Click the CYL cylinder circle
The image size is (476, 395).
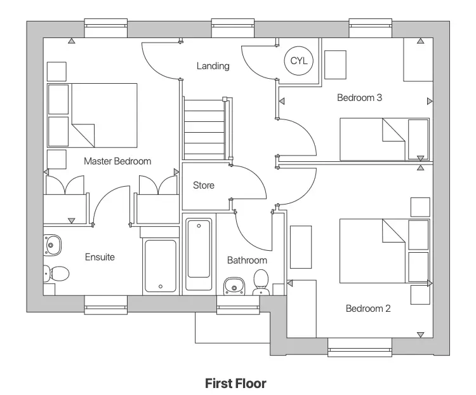click(x=298, y=60)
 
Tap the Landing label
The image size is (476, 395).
click(x=213, y=66)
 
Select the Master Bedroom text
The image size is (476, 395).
click(x=117, y=161)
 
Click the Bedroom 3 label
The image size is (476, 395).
click(x=359, y=98)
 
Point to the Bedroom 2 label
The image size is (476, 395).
click(x=368, y=309)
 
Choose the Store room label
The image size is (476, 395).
click(x=204, y=185)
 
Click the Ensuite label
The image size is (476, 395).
click(x=100, y=257)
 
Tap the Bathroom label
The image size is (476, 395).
click(x=247, y=260)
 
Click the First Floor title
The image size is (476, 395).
click(x=235, y=384)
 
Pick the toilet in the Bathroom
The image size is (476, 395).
click(x=261, y=282)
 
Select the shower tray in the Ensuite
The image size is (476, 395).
click(x=160, y=265)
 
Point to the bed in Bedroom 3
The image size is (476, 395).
click(x=384, y=139)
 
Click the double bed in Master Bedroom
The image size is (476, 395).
click(x=93, y=115)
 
